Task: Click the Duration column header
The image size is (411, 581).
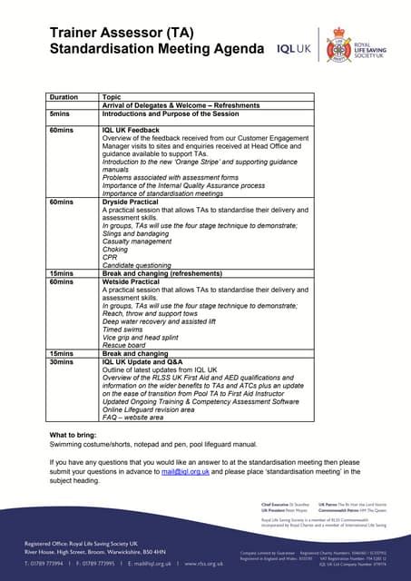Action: pyautogui.click(x=64, y=96)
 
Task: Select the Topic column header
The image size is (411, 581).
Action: pyautogui.click(x=112, y=96)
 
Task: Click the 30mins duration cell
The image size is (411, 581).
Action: pyautogui.click(x=62, y=361)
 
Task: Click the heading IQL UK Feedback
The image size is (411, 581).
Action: pyautogui.click(x=132, y=131)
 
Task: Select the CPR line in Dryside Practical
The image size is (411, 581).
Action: pyautogui.click(x=111, y=258)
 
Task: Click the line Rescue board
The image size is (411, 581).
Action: pyautogui.click(x=126, y=345)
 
